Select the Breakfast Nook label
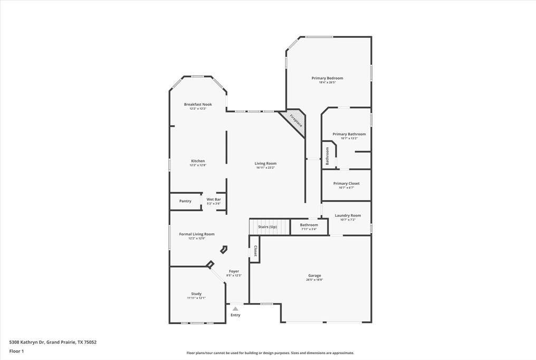(198, 105)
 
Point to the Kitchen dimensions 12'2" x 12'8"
(198, 165)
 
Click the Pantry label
(185, 201)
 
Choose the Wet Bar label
(214, 199)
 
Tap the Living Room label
(266, 164)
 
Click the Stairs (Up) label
(267, 227)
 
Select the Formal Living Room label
(197, 234)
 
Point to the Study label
(196, 293)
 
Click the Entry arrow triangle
(235, 309)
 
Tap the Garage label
(314, 276)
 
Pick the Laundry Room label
(348, 215)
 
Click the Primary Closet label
(347, 183)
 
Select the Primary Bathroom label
(349, 134)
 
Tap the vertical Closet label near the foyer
(255, 251)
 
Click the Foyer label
(234, 271)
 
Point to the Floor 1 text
(16, 351)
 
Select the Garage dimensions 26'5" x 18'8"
(314, 280)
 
